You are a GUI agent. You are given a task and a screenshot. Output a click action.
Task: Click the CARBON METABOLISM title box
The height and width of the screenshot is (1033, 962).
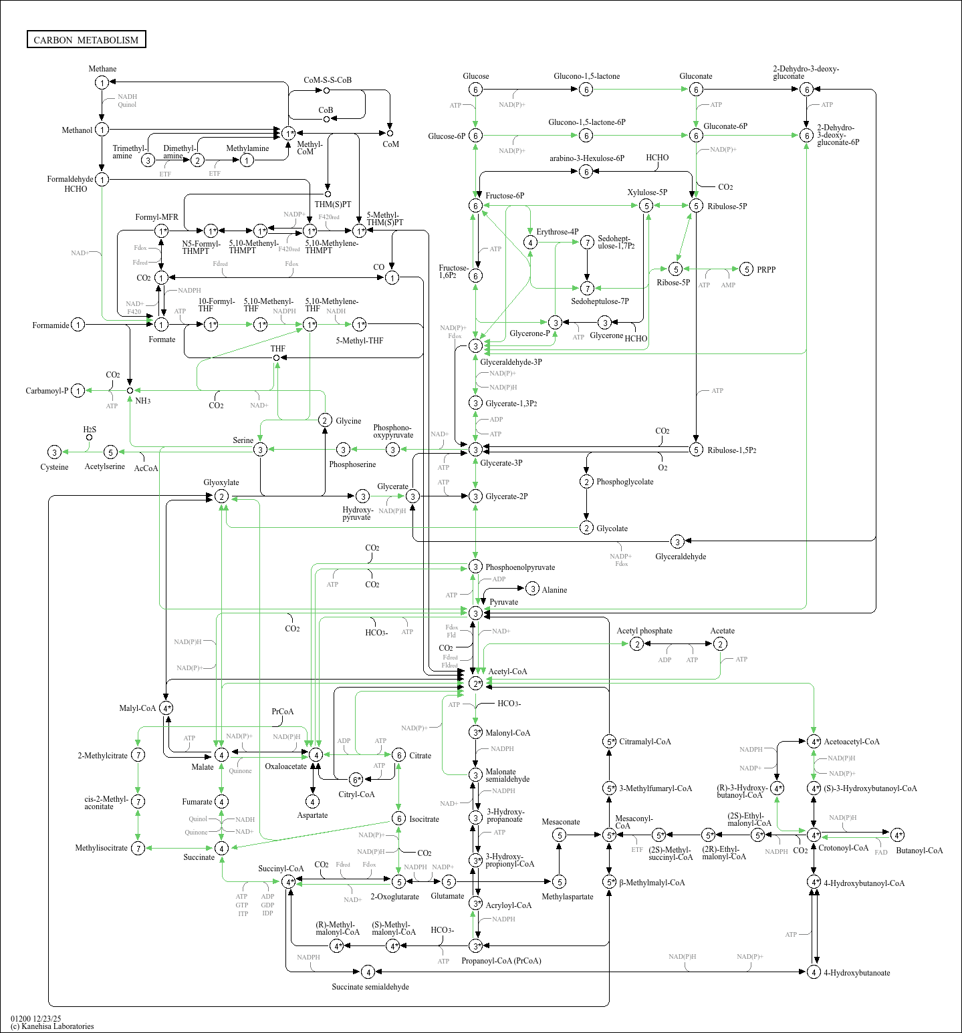(86, 39)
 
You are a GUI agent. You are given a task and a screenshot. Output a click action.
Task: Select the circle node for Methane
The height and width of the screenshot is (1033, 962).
(102, 83)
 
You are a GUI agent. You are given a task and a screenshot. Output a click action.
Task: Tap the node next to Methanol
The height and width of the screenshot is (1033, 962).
(102, 130)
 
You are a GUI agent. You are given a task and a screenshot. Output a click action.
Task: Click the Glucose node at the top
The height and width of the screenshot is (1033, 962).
(475, 90)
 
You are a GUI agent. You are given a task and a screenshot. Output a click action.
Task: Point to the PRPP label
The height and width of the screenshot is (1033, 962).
(766, 270)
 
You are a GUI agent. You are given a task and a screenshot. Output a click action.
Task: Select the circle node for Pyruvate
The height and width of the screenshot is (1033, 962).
(475, 613)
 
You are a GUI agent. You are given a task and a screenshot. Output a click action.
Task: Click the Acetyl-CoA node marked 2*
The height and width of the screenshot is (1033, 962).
(475, 683)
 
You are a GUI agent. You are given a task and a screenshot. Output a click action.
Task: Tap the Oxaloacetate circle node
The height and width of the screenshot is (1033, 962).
(316, 754)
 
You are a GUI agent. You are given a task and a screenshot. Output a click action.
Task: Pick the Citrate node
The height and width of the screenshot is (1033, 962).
(398, 755)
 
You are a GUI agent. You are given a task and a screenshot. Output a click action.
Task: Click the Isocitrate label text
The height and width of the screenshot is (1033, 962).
(424, 819)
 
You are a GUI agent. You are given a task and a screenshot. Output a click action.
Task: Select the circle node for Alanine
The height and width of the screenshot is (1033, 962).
(532, 589)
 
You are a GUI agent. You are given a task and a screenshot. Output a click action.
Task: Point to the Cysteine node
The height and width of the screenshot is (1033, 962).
(55, 452)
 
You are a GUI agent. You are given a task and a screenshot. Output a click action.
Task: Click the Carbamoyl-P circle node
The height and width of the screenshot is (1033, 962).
(78, 391)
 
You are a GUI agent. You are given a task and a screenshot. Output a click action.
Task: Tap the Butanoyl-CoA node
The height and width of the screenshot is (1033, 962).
(897, 835)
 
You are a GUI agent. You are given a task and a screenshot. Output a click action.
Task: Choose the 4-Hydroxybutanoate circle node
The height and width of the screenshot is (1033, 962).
(814, 972)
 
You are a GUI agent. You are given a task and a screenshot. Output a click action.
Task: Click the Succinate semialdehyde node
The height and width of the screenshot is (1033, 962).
(367, 972)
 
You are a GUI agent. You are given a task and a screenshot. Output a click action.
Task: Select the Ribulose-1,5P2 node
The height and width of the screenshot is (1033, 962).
(696, 450)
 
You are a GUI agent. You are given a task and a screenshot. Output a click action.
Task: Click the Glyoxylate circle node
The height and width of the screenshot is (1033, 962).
(221, 496)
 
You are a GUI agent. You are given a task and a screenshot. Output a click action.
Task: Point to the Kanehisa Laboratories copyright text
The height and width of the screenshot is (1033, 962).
(52, 1026)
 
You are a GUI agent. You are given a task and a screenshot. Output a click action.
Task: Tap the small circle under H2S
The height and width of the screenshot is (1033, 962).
(89, 438)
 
